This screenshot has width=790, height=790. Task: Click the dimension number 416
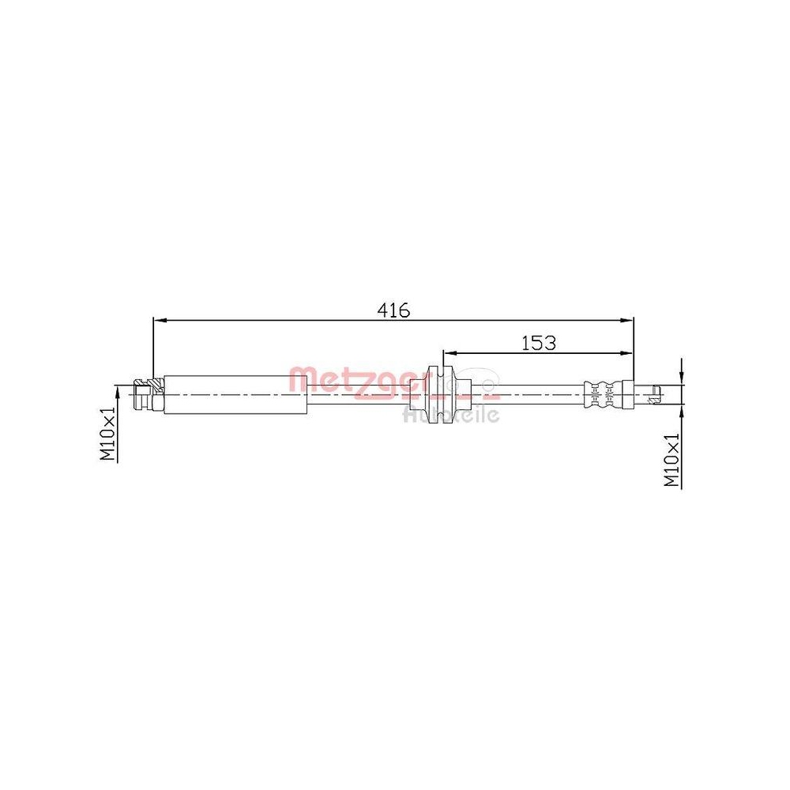(393, 310)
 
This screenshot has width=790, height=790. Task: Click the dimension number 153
(539, 342)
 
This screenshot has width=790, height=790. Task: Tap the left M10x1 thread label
(107, 434)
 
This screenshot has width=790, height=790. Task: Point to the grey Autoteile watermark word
(451, 414)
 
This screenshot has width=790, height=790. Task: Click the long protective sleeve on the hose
(235, 393)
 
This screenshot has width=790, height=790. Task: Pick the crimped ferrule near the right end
(602, 393)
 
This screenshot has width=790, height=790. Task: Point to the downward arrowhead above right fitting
(682, 378)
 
